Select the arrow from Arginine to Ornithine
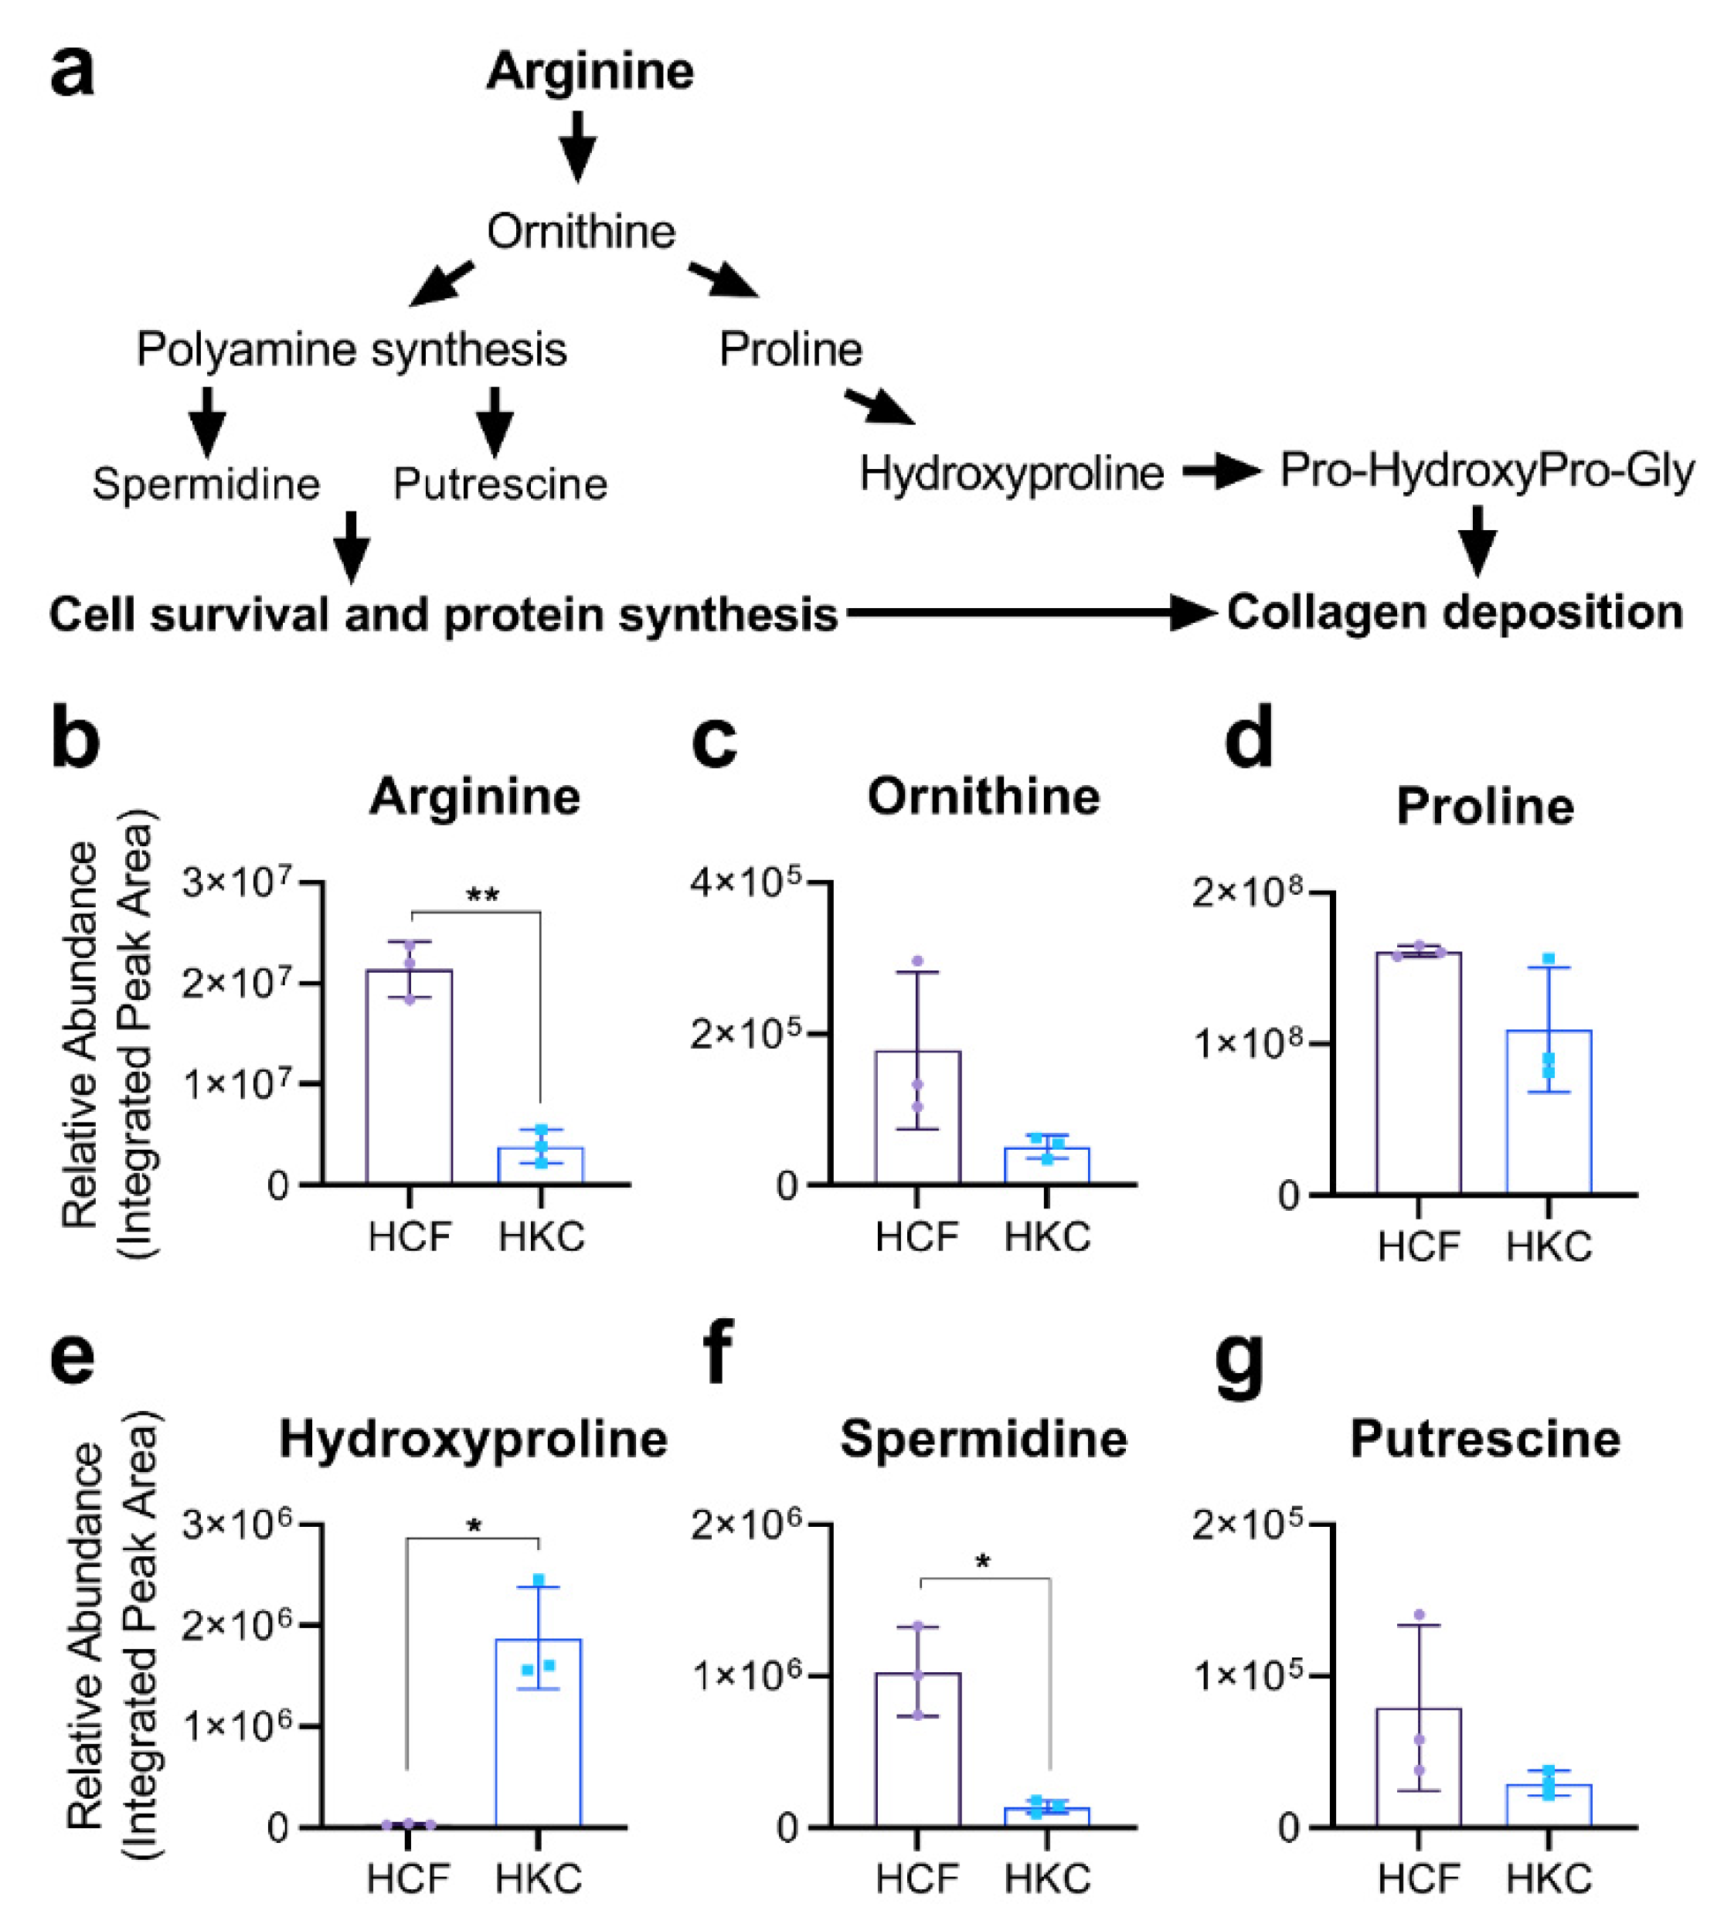(x=577, y=146)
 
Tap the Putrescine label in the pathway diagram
(x=500, y=484)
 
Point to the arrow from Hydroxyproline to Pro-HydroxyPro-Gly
(x=1221, y=470)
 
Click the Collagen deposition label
(x=1455, y=612)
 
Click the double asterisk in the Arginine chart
(x=482, y=895)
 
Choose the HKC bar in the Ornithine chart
(x=1047, y=1164)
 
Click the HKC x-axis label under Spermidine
(x=1047, y=1880)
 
